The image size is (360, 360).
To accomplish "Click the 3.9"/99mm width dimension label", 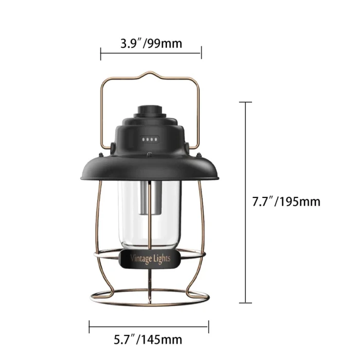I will tap(151, 43).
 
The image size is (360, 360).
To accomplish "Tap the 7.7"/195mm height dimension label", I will tap(286, 201).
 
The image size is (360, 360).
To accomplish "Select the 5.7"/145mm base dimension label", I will tap(148, 339).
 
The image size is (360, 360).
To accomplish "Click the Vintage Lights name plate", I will tap(150, 259).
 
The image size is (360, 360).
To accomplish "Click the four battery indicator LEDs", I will tap(150, 139).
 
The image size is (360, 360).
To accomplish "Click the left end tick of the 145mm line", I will tap(89, 326).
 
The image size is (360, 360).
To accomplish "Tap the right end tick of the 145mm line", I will tap(208, 326).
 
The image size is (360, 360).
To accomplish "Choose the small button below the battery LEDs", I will tap(149, 153).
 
